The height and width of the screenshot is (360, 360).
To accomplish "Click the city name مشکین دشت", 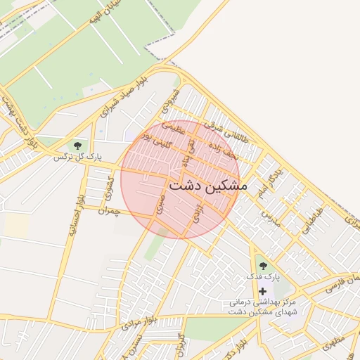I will pyautogui.click(x=207, y=186).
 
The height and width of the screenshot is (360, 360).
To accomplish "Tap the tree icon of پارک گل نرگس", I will pyautogui.click(x=77, y=146).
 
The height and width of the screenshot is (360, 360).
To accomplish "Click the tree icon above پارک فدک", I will pyautogui.click(x=263, y=266).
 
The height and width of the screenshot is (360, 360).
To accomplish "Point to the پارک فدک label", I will pyautogui.click(x=262, y=277).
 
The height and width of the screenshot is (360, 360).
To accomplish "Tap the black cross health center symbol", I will pyautogui.click(x=263, y=290).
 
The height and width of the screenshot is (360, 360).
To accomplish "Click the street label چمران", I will pyautogui.click(x=110, y=210).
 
